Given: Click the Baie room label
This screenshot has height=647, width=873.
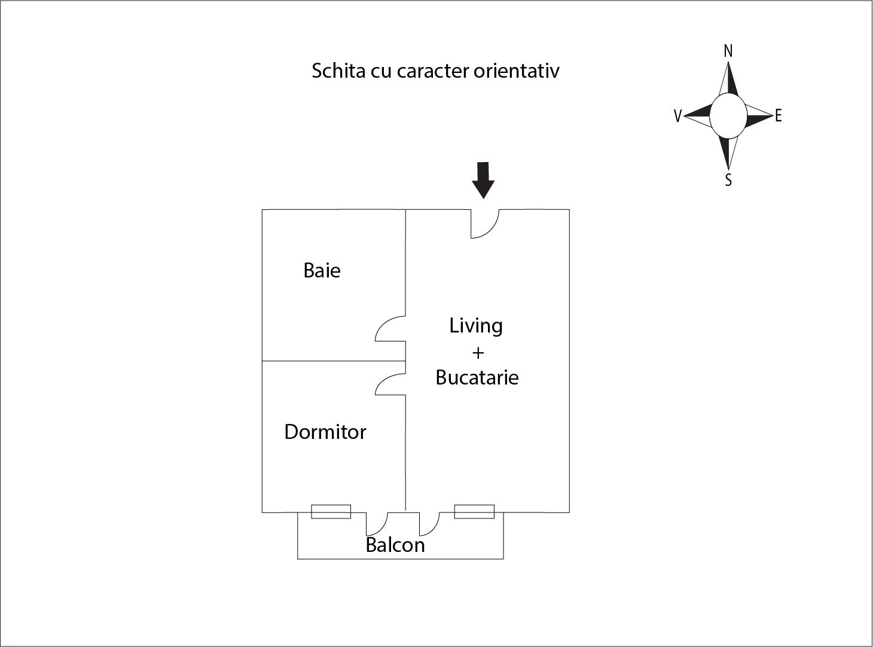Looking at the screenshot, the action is (x=322, y=270).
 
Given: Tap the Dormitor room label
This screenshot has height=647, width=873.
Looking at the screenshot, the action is (x=325, y=432).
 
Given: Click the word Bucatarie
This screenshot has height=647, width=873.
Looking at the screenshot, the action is (x=477, y=377).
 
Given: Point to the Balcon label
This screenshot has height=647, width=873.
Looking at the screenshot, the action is (x=395, y=545).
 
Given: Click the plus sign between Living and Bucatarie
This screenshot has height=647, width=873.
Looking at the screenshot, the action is (x=478, y=353).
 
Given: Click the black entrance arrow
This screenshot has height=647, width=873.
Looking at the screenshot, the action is (x=483, y=181).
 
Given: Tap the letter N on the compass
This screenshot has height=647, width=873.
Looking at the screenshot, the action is (x=728, y=51).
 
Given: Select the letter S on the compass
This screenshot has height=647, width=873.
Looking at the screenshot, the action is (x=728, y=180).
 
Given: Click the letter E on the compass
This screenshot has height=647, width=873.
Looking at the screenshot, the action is (x=778, y=116).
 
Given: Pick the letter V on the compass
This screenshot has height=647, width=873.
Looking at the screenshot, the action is (x=677, y=116).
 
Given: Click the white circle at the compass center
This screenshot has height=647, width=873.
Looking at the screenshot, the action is (x=728, y=116).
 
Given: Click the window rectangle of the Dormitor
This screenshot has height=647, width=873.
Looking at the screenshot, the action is (x=331, y=511).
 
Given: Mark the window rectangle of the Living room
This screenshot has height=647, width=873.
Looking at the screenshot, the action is (x=474, y=511).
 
